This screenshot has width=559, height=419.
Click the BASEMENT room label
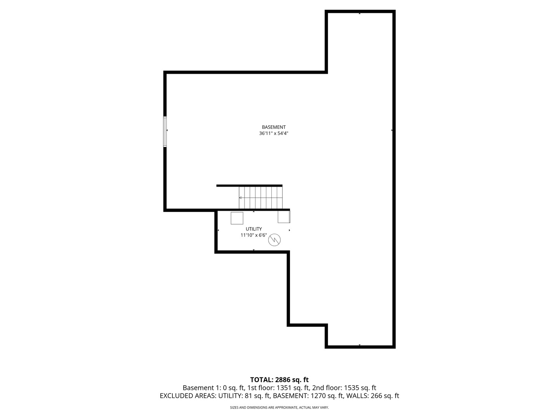pyautogui.click(x=274, y=127)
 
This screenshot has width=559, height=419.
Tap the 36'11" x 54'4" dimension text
pyautogui.click(x=274, y=133)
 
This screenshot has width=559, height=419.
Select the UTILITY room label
pyautogui.click(x=253, y=229)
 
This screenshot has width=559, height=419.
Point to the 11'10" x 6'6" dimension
pyautogui.click(x=253, y=235)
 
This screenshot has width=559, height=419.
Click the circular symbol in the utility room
pyautogui.click(x=274, y=240)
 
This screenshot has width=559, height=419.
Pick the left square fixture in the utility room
pyautogui.click(x=237, y=218)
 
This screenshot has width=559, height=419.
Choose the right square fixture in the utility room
pyautogui.click(x=284, y=217)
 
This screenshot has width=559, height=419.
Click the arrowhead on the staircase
pyautogui.click(x=240, y=198)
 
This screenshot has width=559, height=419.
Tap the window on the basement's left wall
pyautogui.click(x=165, y=132)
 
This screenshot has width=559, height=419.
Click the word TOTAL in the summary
pyautogui.click(x=262, y=380)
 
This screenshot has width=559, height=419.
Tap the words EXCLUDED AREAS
pyautogui.click(x=188, y=396)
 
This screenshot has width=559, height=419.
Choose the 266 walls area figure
pyautogui.click(x=374, y=396)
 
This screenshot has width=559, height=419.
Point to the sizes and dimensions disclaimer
pyautogui.click(x=279, y=408)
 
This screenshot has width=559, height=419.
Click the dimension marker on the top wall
pyautogui.click(x=359, y=14)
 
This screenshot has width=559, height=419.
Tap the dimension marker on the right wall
pyautogui.click(x=392, y=130)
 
